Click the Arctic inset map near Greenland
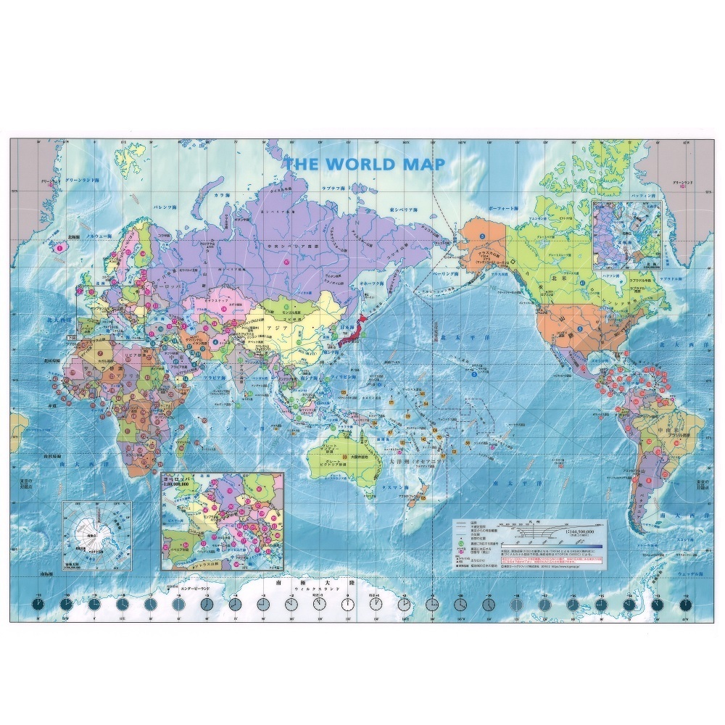[x=627, y=234]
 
